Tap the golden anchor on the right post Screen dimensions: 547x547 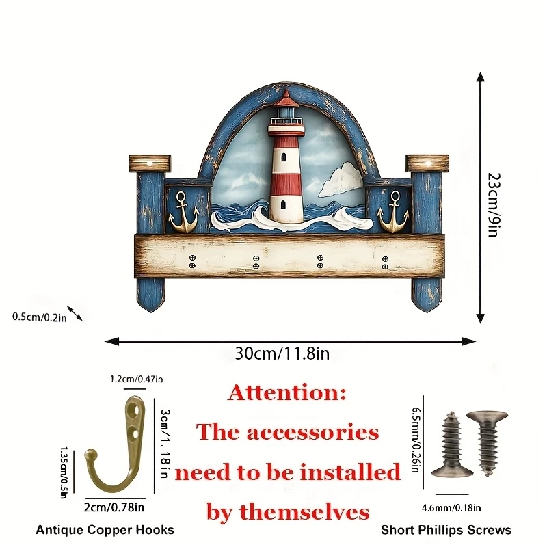coord(393,213)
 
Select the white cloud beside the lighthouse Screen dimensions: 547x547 coord(341,180)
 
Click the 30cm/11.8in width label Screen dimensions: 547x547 coord(282,353)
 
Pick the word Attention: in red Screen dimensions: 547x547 coord(287,393)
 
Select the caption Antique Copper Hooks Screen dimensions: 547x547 coord(105,530)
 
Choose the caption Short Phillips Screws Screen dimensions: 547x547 coord(446,530)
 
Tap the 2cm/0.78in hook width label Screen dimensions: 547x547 coord(116,507)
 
